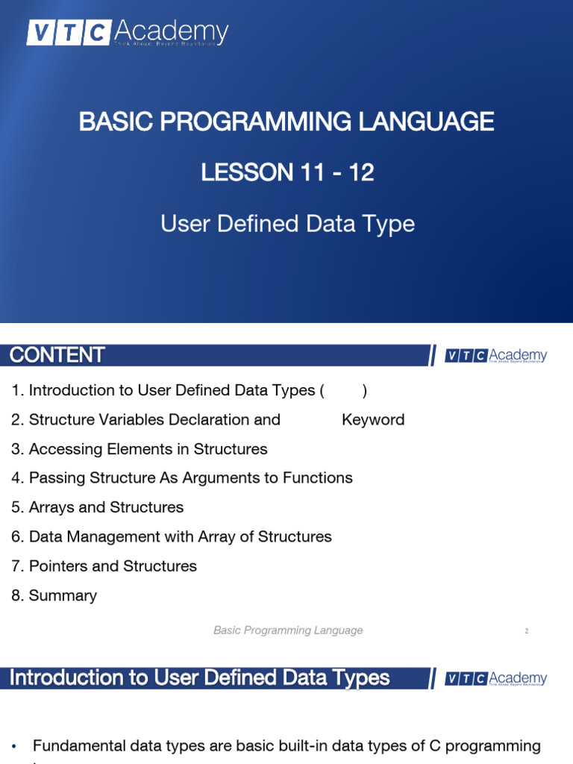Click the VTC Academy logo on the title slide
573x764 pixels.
point(128,33)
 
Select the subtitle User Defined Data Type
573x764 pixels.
point(287,223)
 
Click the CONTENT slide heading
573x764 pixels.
point(57,355)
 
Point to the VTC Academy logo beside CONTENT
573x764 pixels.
point(496,356)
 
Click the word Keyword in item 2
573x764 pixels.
point(373,420)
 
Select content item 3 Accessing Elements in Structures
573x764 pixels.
point(140,449)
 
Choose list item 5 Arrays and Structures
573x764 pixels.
point(98,507)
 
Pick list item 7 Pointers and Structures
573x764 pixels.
point(104,566)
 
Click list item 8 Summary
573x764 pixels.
point(54,595)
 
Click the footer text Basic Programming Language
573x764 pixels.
point(288,630)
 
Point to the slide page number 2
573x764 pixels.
point(526,631)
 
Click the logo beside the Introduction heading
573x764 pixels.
point(496,678)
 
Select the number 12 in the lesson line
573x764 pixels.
point(361,172)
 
